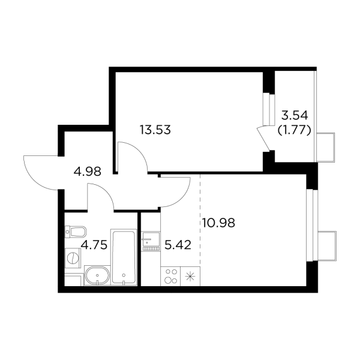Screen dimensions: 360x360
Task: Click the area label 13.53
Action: tap(155, 129)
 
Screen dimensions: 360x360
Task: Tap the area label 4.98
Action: tap(87, 171)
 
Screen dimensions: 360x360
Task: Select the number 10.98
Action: tap(218, 223)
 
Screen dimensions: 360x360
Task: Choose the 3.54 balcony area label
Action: tap(295, 116)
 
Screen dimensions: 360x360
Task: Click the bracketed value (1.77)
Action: tap(294, 129)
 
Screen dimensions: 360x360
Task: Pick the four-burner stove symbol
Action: tap(171, 276)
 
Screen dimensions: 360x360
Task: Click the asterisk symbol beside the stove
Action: tap(191, 277)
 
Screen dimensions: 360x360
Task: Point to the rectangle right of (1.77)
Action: tap(325, 145)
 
